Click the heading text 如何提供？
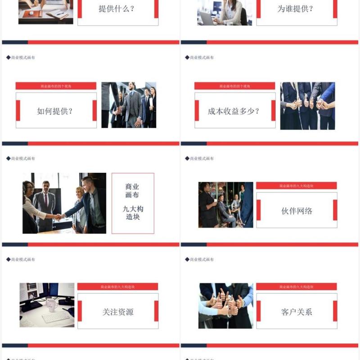(55, 111)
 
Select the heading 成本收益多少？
(234, 111)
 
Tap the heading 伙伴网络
(297, 211)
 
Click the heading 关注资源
(118, 312)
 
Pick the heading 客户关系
(297, 312)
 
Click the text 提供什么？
(116, 9)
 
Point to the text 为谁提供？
(295, 9)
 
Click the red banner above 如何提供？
(56, 85)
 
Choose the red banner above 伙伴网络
(296, 185)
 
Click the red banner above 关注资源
(117, 287)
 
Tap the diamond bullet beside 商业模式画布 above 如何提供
(8, 58)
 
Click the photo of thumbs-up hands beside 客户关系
(225, 306)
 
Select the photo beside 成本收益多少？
(307, 106)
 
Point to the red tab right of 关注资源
(156, 311)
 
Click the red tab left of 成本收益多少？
(197, 111)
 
